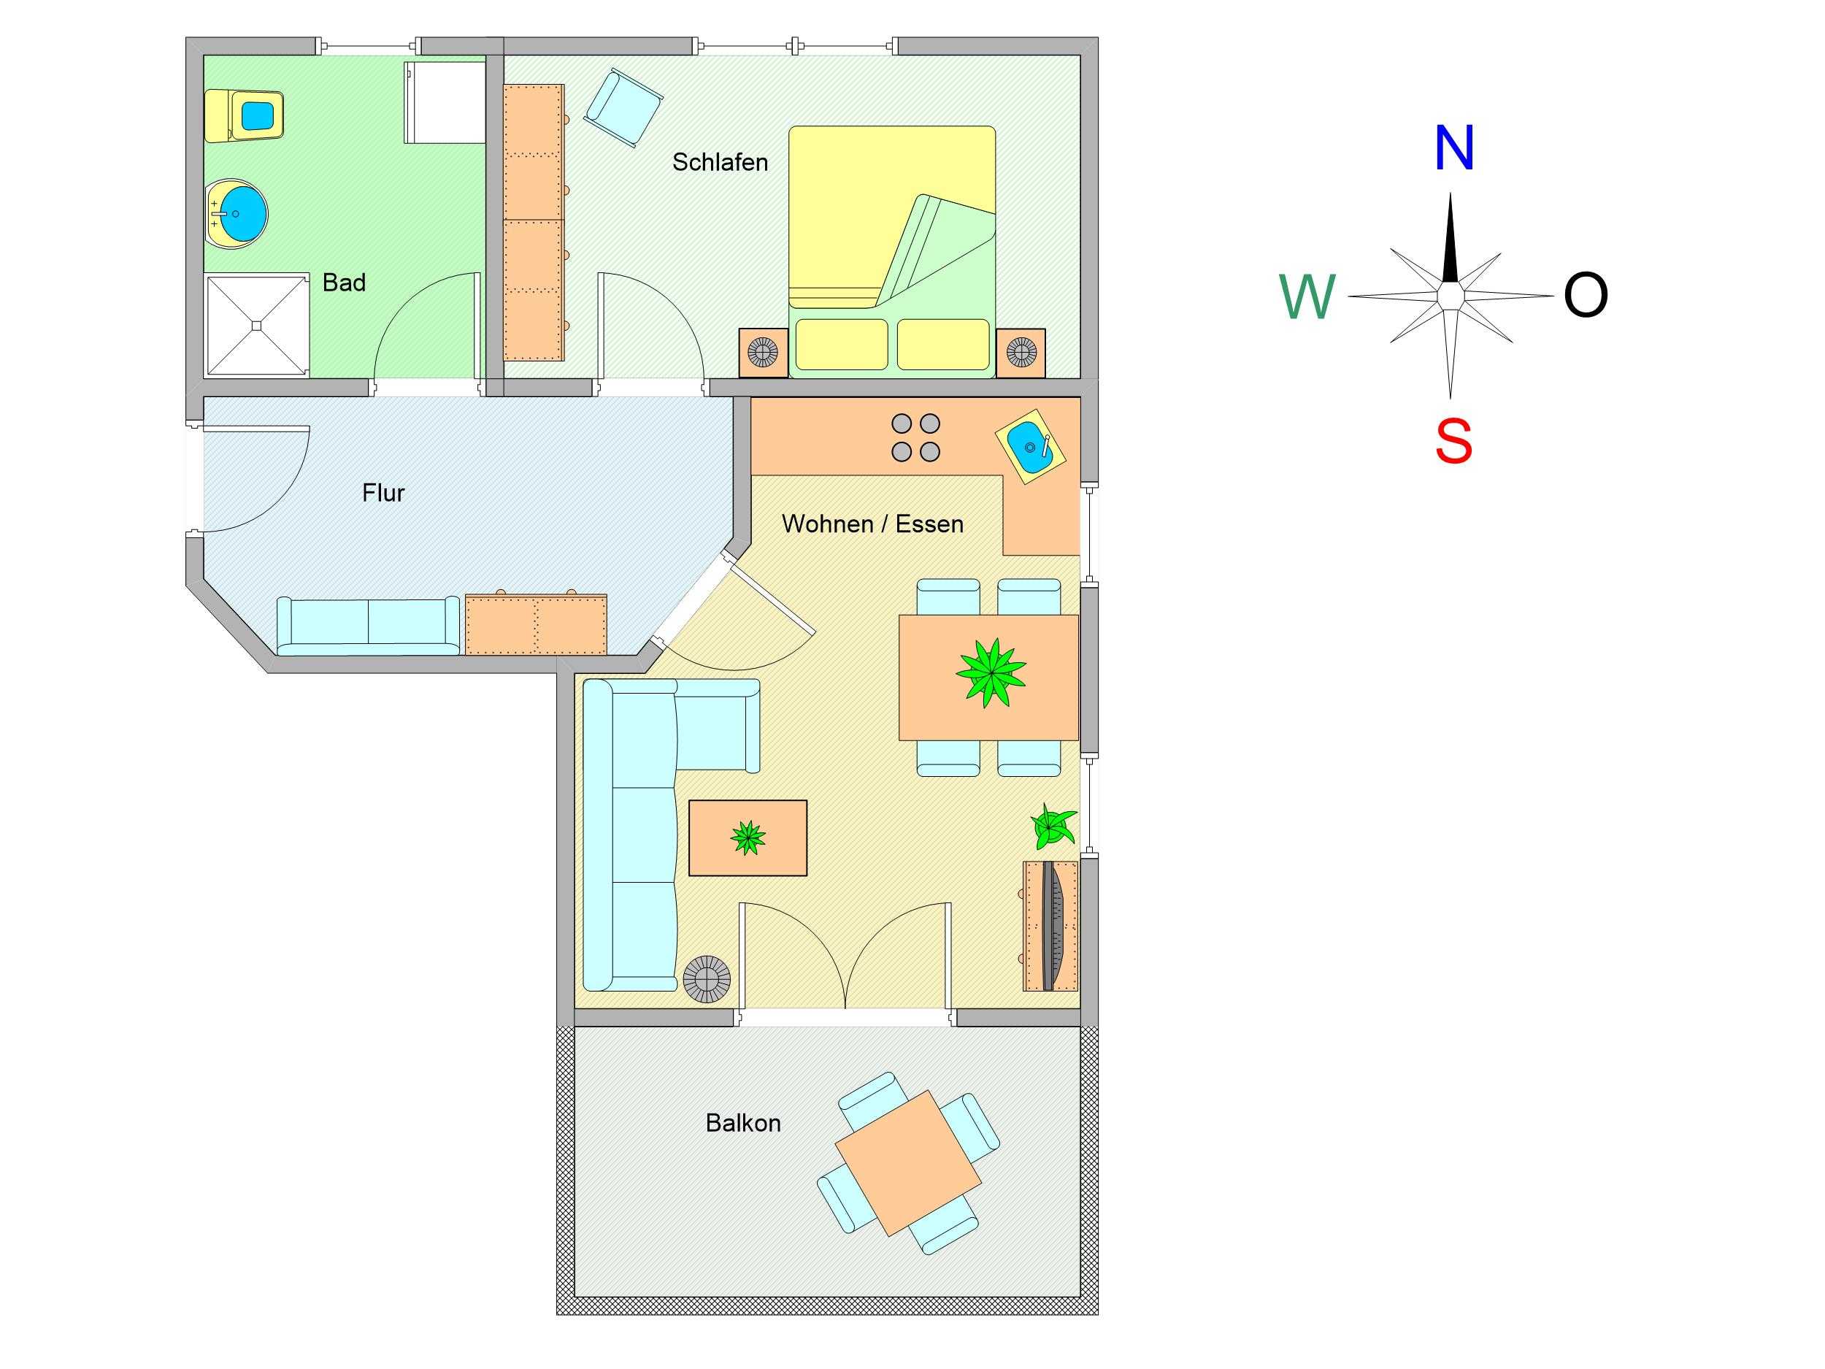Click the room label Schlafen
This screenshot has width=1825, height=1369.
720,163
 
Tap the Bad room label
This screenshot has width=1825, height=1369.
344,283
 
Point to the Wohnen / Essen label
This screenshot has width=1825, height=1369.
872,524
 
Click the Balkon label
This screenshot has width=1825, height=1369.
742,1123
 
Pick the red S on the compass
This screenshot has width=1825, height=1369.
1453,442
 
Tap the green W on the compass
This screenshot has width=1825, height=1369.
1307,297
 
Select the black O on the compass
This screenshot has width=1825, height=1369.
1585,296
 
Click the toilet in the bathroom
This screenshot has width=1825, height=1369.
246,115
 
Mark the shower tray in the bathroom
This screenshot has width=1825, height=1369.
255,326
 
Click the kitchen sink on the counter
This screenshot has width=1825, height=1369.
1031,448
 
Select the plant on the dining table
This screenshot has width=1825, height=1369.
990,672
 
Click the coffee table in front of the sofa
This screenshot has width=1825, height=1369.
748,837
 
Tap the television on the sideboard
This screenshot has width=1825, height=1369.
1054,925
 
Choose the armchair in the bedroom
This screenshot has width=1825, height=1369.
623,107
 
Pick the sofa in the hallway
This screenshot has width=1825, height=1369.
368,625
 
